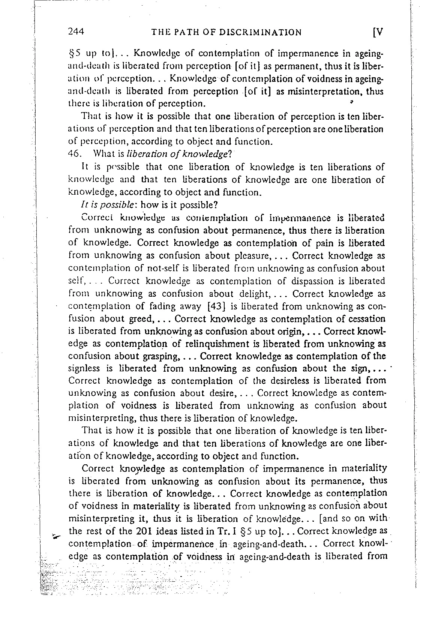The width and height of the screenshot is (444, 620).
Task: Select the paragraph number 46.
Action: pyautogui.click(x=75, y=154)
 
